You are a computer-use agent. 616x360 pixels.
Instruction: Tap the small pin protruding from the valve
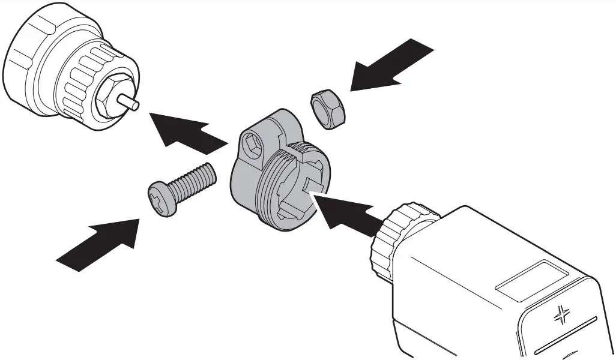click(x=131, y=102)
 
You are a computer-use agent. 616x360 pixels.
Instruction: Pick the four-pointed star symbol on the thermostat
click(x=563, y=314)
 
